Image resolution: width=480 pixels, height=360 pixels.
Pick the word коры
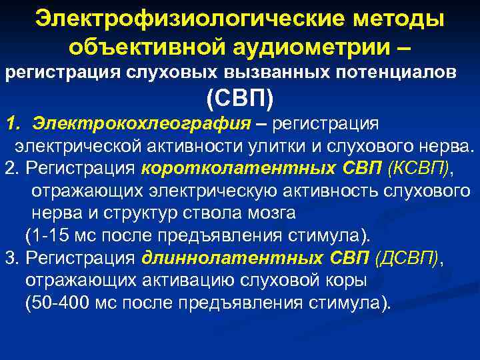[349, 281]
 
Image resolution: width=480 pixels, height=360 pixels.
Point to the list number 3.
[9, 258]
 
